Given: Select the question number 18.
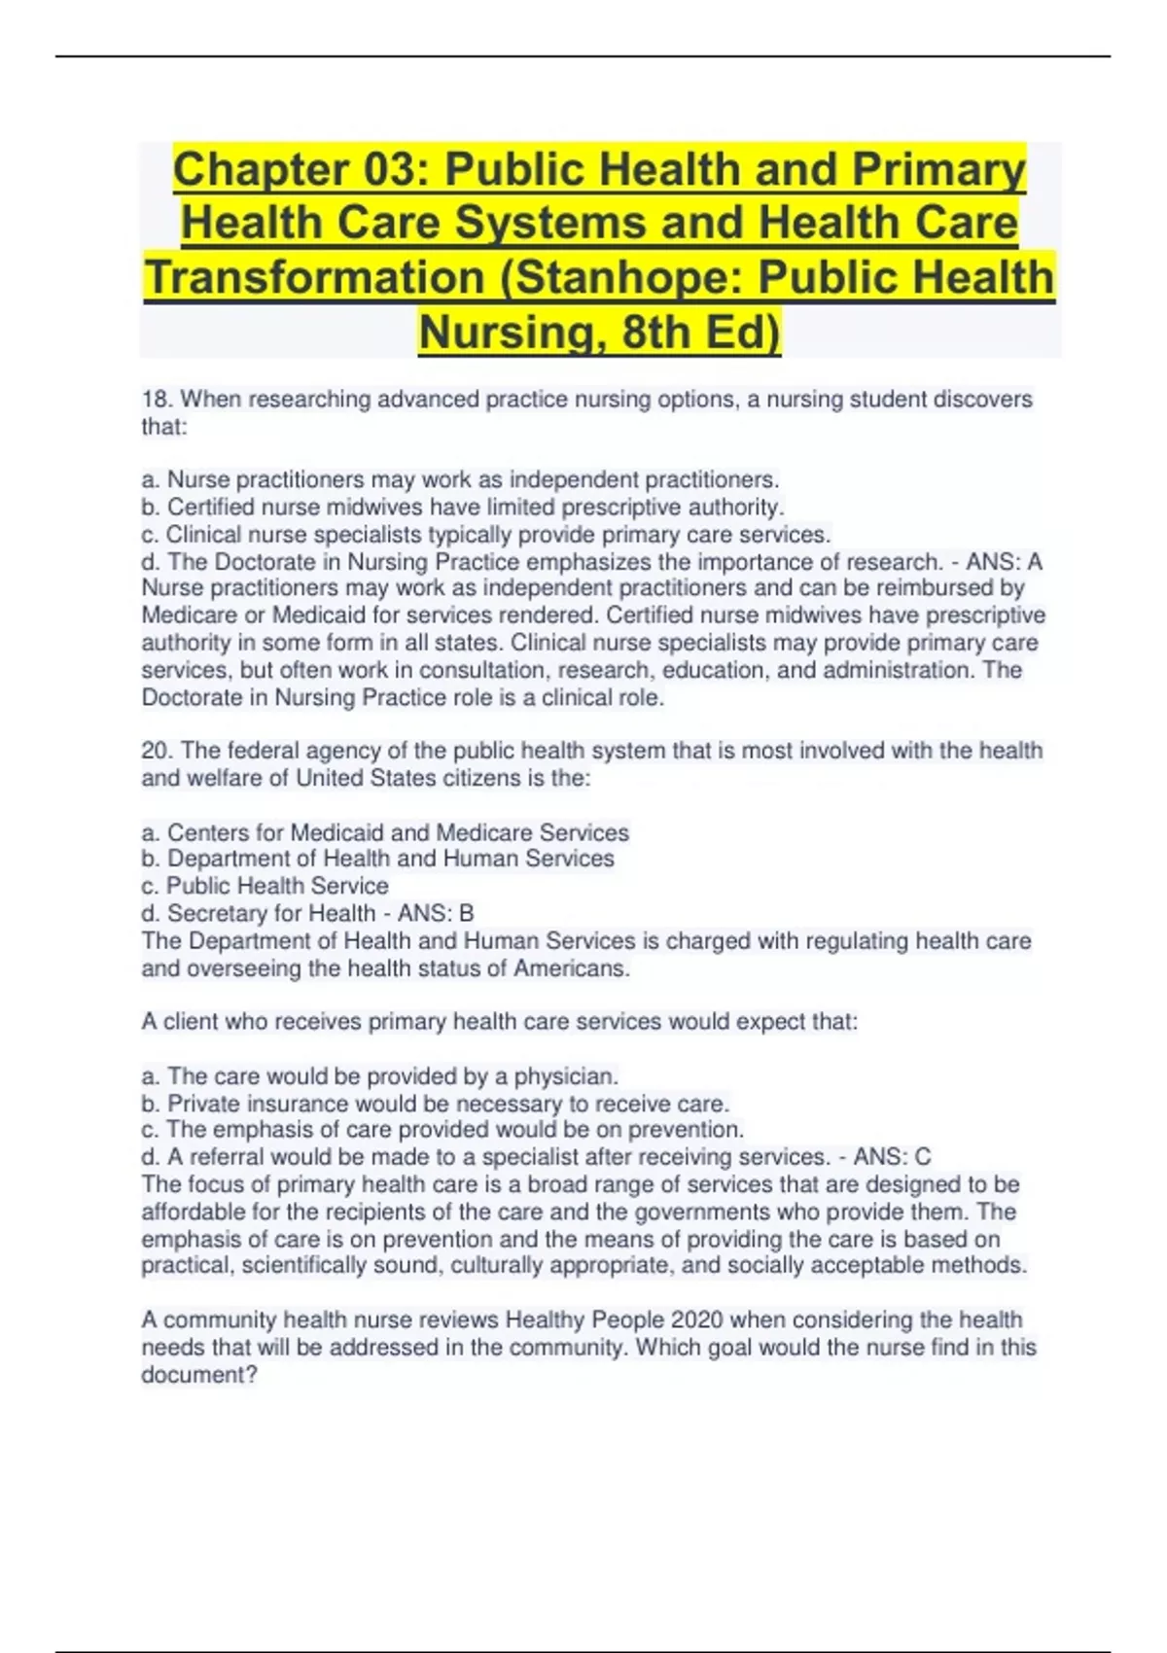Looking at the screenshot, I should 157,400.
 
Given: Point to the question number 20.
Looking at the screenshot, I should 157,751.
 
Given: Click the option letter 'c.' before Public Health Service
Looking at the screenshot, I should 150,887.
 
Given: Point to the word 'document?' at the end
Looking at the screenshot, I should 199,1375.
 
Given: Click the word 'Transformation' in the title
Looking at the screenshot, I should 315,277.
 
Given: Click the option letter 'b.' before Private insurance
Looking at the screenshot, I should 151,1104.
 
